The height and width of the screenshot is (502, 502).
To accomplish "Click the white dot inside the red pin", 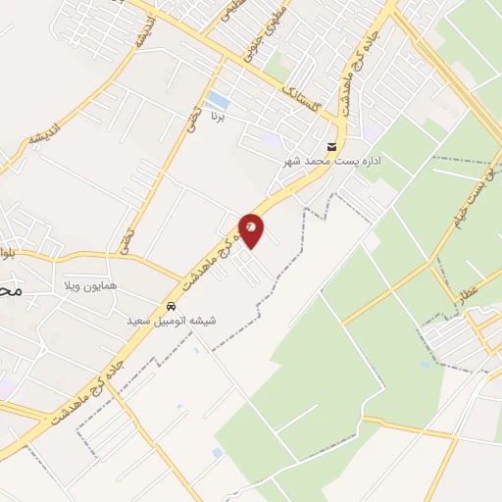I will pyautogui.click(x=251, y=226).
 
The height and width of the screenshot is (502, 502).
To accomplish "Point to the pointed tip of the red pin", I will pyautogui.click(x=251, y=249).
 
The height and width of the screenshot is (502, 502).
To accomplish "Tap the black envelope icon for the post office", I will pyautogui.click(x=331, y=147).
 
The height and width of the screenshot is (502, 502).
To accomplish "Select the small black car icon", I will pyautogui.click(x=173, y=306).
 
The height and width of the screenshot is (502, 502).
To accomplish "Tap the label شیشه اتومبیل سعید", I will pyautogui.click(x=173, y=321).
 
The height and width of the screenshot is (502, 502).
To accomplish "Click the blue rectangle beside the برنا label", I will pyautogui.click(x=220, y=101).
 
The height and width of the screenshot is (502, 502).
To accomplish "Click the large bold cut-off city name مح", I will pyautogui.click(x=10, y=291).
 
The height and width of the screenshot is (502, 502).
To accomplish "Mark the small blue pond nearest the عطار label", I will pyautogui.click(x=425, y=365).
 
